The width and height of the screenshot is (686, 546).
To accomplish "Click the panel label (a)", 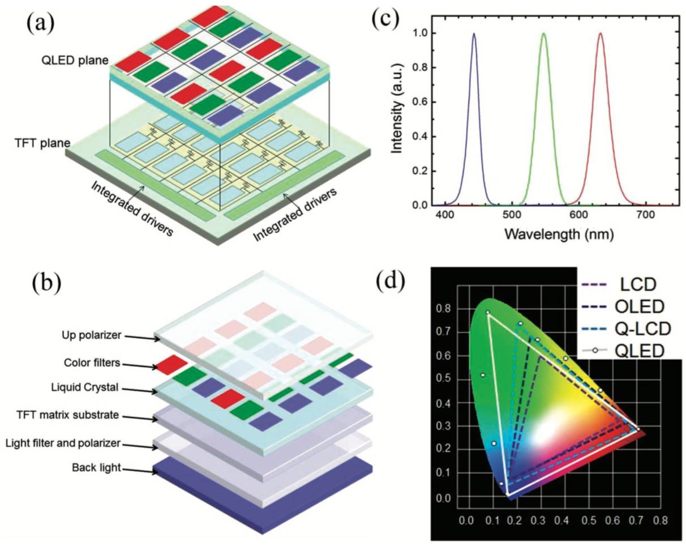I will point(42,24).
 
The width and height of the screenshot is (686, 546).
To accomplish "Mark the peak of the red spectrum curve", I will point(600,34).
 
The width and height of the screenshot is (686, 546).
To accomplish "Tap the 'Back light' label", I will point(93,468).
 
